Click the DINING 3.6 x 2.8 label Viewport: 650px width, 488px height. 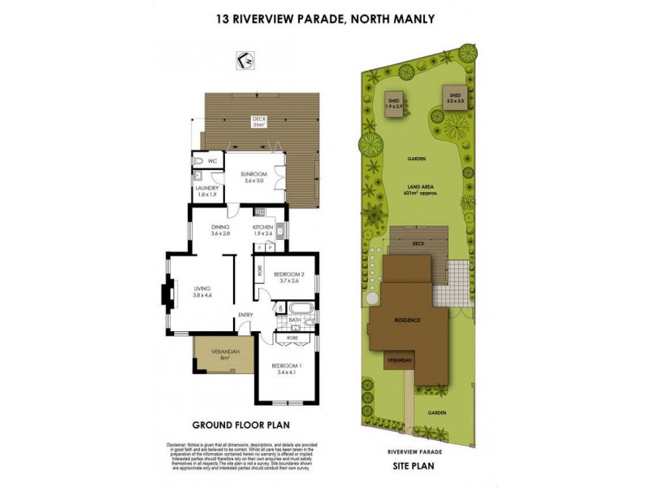[221, 230]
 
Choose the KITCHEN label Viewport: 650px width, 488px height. [262, 230]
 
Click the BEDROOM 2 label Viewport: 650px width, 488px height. [288, 277]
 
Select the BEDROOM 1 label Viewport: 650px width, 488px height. [288, 369]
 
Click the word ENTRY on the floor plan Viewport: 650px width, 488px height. [246, 316]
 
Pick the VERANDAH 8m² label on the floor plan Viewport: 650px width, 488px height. [214, 354]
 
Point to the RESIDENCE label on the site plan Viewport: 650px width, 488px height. [408, 320]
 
